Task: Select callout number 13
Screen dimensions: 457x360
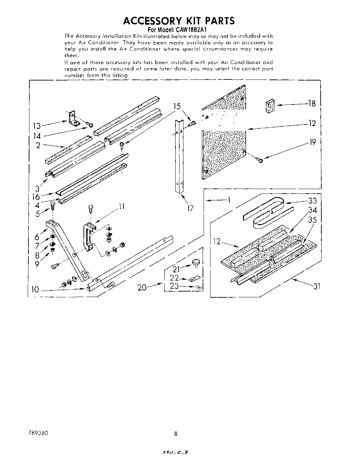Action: coord(37,126)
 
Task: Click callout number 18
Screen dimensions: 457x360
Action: coord(311,103)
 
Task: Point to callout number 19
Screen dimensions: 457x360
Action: coord(312,142)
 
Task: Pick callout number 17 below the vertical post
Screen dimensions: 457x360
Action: coord(190,208)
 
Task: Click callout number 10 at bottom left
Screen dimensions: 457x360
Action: coord(35,289)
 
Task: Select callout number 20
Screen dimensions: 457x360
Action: coord(142,287)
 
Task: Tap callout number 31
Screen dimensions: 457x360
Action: coord(317,286)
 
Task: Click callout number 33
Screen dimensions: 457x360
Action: coord(312,201)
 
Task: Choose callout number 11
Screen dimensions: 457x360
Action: coord(121,206)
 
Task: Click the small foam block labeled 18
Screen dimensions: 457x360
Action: coord(270,106)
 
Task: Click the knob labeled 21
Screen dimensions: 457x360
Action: coord(196,262)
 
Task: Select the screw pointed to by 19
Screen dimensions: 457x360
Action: coord(259,159)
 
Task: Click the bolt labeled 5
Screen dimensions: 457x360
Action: coord(53,206)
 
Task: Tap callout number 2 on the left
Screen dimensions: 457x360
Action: coord(38,145)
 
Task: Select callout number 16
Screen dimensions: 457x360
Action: coord(36,197)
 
